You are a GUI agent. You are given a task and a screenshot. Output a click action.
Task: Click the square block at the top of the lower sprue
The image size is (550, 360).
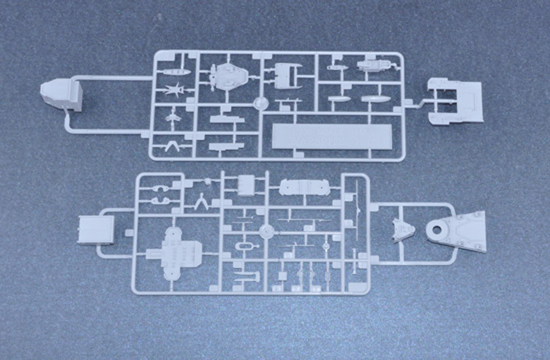coord(246,185)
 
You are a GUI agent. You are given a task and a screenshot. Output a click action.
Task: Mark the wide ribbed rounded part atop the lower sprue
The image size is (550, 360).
coord(304,188)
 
